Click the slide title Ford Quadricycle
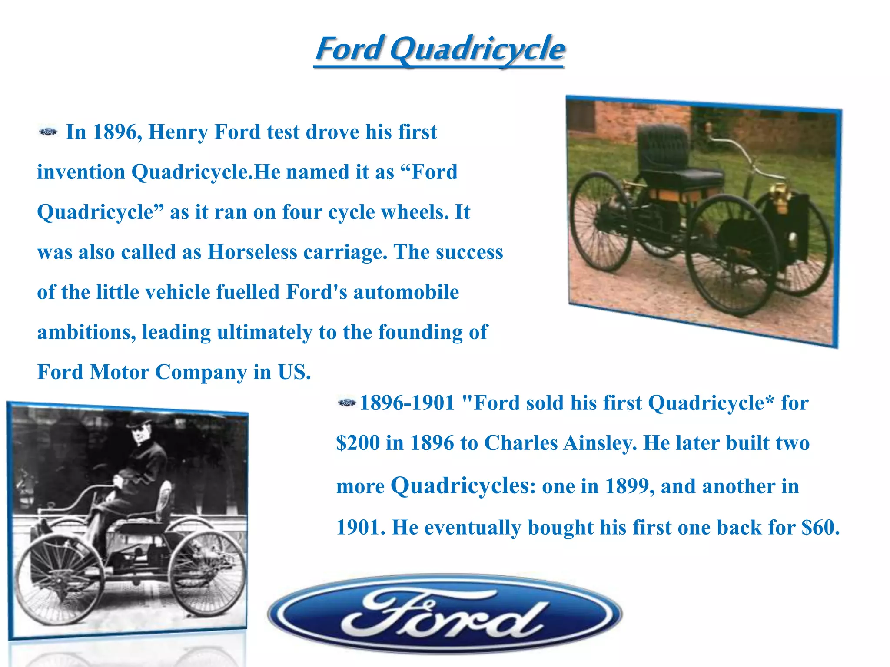pyautogui.click(x=440, y=49)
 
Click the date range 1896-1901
pyautogui.click(x=407, y=403)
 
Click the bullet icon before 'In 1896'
pyautogui.click(x=48, y=132)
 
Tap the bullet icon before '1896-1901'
pyautogui.click(x=346, y=403)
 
